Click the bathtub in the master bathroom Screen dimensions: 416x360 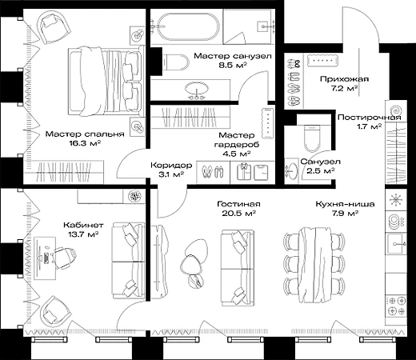point(188,26)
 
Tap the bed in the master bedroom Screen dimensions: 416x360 point(106,82)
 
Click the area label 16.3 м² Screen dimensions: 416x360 point(85,143)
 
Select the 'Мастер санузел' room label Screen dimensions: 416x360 point(233,56)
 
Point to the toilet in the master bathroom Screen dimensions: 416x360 point(176,62)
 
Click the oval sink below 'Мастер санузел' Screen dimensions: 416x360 point(197,89)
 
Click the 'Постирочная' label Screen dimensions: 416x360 point(370,118)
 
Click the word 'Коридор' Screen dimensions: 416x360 point(171,166)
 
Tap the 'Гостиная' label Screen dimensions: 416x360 point(238,204)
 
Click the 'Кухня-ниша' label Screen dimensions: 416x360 point(345,204)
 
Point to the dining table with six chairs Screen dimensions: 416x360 point(314,265)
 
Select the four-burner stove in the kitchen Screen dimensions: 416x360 point(396,306)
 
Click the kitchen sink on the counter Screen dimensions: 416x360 point(396,243)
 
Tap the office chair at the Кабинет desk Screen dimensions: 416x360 point(63,258)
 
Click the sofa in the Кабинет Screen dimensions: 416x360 point(128,261)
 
